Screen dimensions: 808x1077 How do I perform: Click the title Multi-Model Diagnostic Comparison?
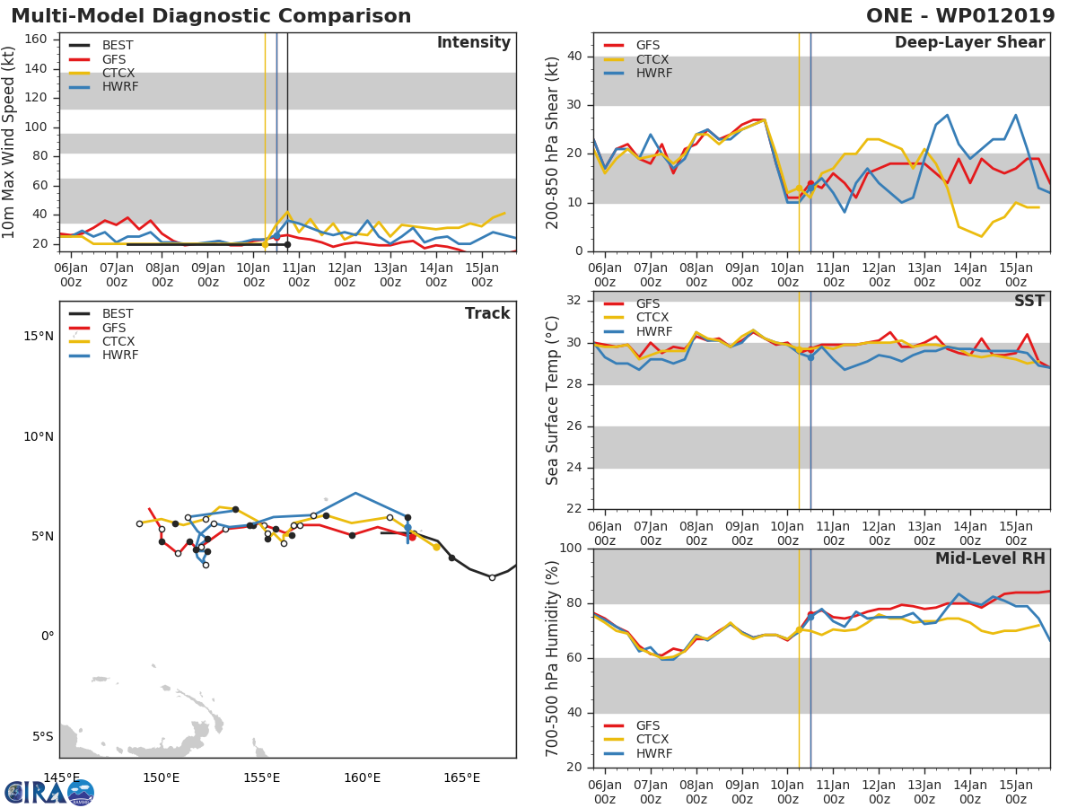[x=211, y=16]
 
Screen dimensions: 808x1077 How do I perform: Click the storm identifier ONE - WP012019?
[x=961, y=16]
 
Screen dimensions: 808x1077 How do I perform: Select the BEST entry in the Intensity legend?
[x=118, y=45]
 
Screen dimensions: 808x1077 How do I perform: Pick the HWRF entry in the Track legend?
[x=119, y=356]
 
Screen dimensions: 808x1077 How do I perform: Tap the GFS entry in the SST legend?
[x=647, y=303]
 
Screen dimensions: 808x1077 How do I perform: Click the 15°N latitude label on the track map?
[x=37, y=337]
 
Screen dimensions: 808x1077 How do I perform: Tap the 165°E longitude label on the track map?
[x=461, y=777]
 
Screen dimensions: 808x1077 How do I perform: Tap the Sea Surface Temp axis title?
[x=553, y=400]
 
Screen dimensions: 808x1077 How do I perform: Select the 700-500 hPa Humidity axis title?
[x=553, y=658]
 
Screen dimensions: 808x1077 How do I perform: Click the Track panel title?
[x=486, y=313]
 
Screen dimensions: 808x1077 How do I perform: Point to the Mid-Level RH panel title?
[x=989, y=559]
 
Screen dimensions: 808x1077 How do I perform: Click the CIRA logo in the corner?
[x=49, y=792]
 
